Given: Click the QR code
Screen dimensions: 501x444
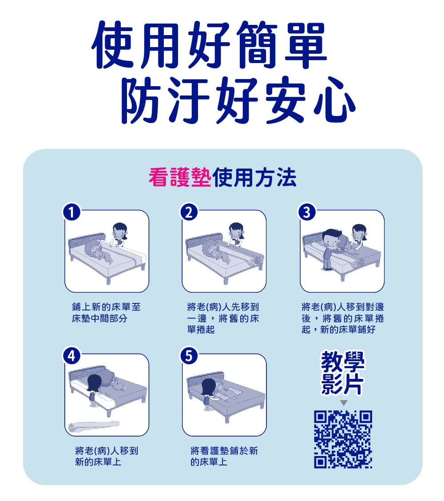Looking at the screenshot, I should tap(343, 439).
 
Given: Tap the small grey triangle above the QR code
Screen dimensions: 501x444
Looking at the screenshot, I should tap(343, 403).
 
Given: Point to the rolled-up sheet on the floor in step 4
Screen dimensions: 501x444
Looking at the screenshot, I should tap(93, 425).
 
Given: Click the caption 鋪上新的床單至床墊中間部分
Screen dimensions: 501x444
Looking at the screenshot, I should tap(106, 313).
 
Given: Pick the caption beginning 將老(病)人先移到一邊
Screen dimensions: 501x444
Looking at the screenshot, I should tap(223, 318).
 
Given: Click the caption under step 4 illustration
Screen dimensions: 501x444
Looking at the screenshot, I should tap(106, 456).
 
